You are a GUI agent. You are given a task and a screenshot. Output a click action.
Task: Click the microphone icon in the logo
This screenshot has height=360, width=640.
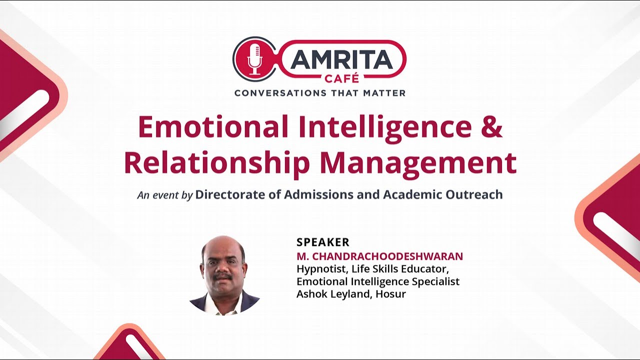point(254,58)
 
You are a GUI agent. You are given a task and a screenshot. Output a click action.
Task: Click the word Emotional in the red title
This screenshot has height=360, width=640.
point(213,127)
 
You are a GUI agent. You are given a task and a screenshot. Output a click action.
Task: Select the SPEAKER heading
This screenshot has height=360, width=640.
point(322,242)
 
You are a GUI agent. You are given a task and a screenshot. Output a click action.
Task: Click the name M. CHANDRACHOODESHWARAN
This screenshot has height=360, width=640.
point(379,256)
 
